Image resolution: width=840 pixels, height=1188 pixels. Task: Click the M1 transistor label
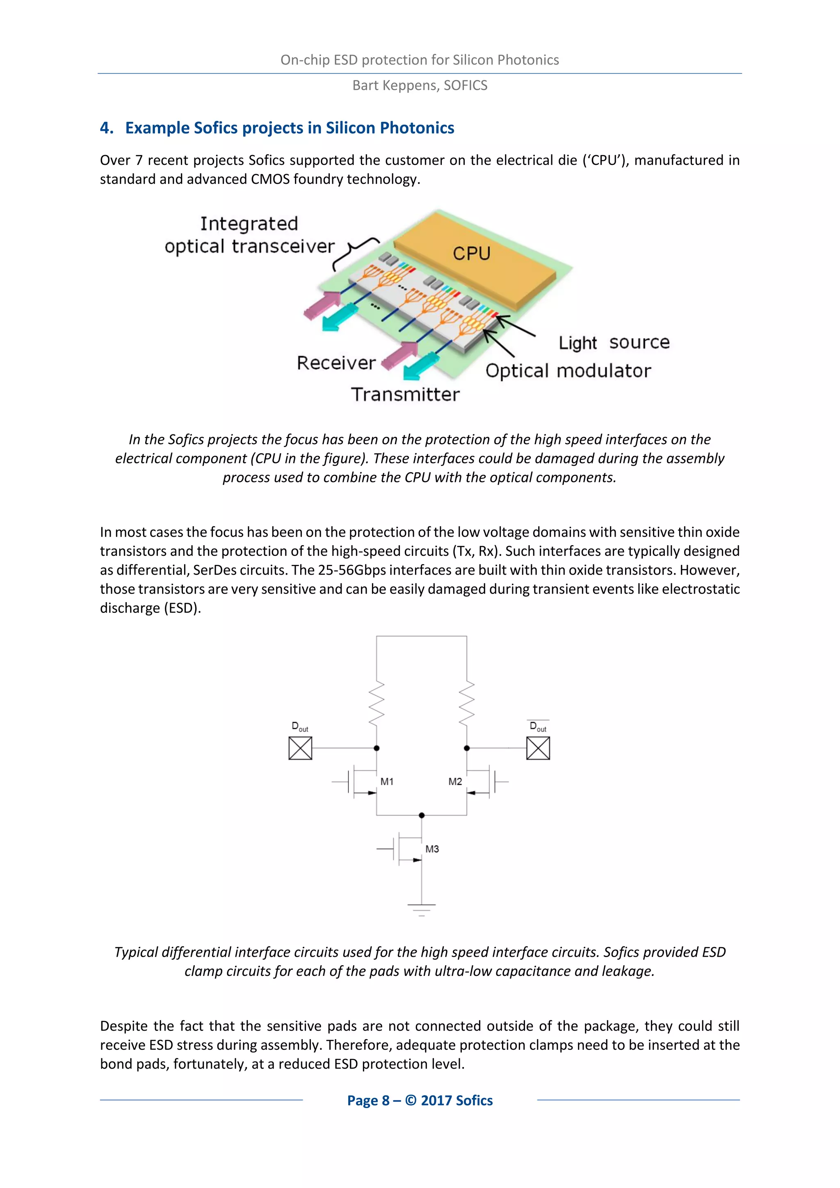[387, 782]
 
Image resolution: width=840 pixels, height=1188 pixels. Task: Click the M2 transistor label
[455, 782]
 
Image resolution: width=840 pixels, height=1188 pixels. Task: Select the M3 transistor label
[432, 849]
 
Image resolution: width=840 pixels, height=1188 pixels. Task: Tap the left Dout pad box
[300, 748]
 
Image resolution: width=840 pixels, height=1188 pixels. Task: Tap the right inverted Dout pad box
[538, 748]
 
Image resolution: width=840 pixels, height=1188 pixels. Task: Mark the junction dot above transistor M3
[422, 816]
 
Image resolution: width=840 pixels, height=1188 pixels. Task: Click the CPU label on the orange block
[471, 254]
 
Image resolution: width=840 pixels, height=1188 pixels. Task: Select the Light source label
[614, 343]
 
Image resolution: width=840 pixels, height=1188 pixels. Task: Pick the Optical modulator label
[568, 371]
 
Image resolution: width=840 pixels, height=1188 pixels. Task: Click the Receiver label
[336, 363]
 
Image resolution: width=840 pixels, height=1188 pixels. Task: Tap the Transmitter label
[405, 395]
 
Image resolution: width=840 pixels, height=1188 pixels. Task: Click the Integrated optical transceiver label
[249, 235]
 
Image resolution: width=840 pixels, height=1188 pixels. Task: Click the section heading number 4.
[106, 128]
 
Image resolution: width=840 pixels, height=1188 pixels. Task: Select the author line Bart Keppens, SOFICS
[420, 85]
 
